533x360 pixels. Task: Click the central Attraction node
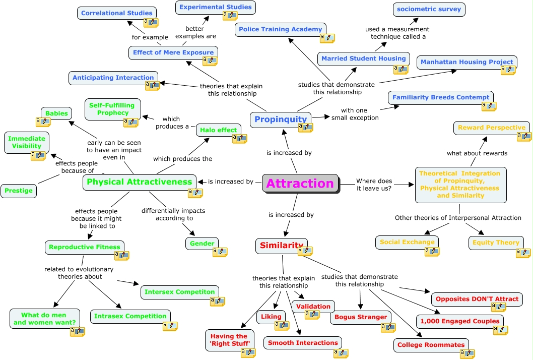tap(300, 184)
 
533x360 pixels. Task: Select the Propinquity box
tap(280, 119)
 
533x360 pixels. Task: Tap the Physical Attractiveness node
tap(139, 182)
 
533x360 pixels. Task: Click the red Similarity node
tap(281, 246)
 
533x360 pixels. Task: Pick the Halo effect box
tap(218, 130)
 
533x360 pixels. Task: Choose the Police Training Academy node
tap(280, 29)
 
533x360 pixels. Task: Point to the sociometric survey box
tap(429, 10)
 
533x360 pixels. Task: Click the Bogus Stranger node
tap(361, 317)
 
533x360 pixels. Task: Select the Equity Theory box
tap(495, 243)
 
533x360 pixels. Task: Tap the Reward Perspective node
tap(491, 128)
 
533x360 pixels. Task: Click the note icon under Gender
tap(220, 252)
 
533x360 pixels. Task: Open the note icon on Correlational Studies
tap(151, 23)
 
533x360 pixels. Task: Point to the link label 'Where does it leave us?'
tap(374, 185)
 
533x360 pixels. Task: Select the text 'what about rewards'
tap(477, 153)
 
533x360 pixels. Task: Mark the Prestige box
tap(19, 191)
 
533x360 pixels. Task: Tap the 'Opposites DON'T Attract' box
tap(477, 299)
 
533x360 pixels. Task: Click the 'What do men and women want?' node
tap(45, 319)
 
